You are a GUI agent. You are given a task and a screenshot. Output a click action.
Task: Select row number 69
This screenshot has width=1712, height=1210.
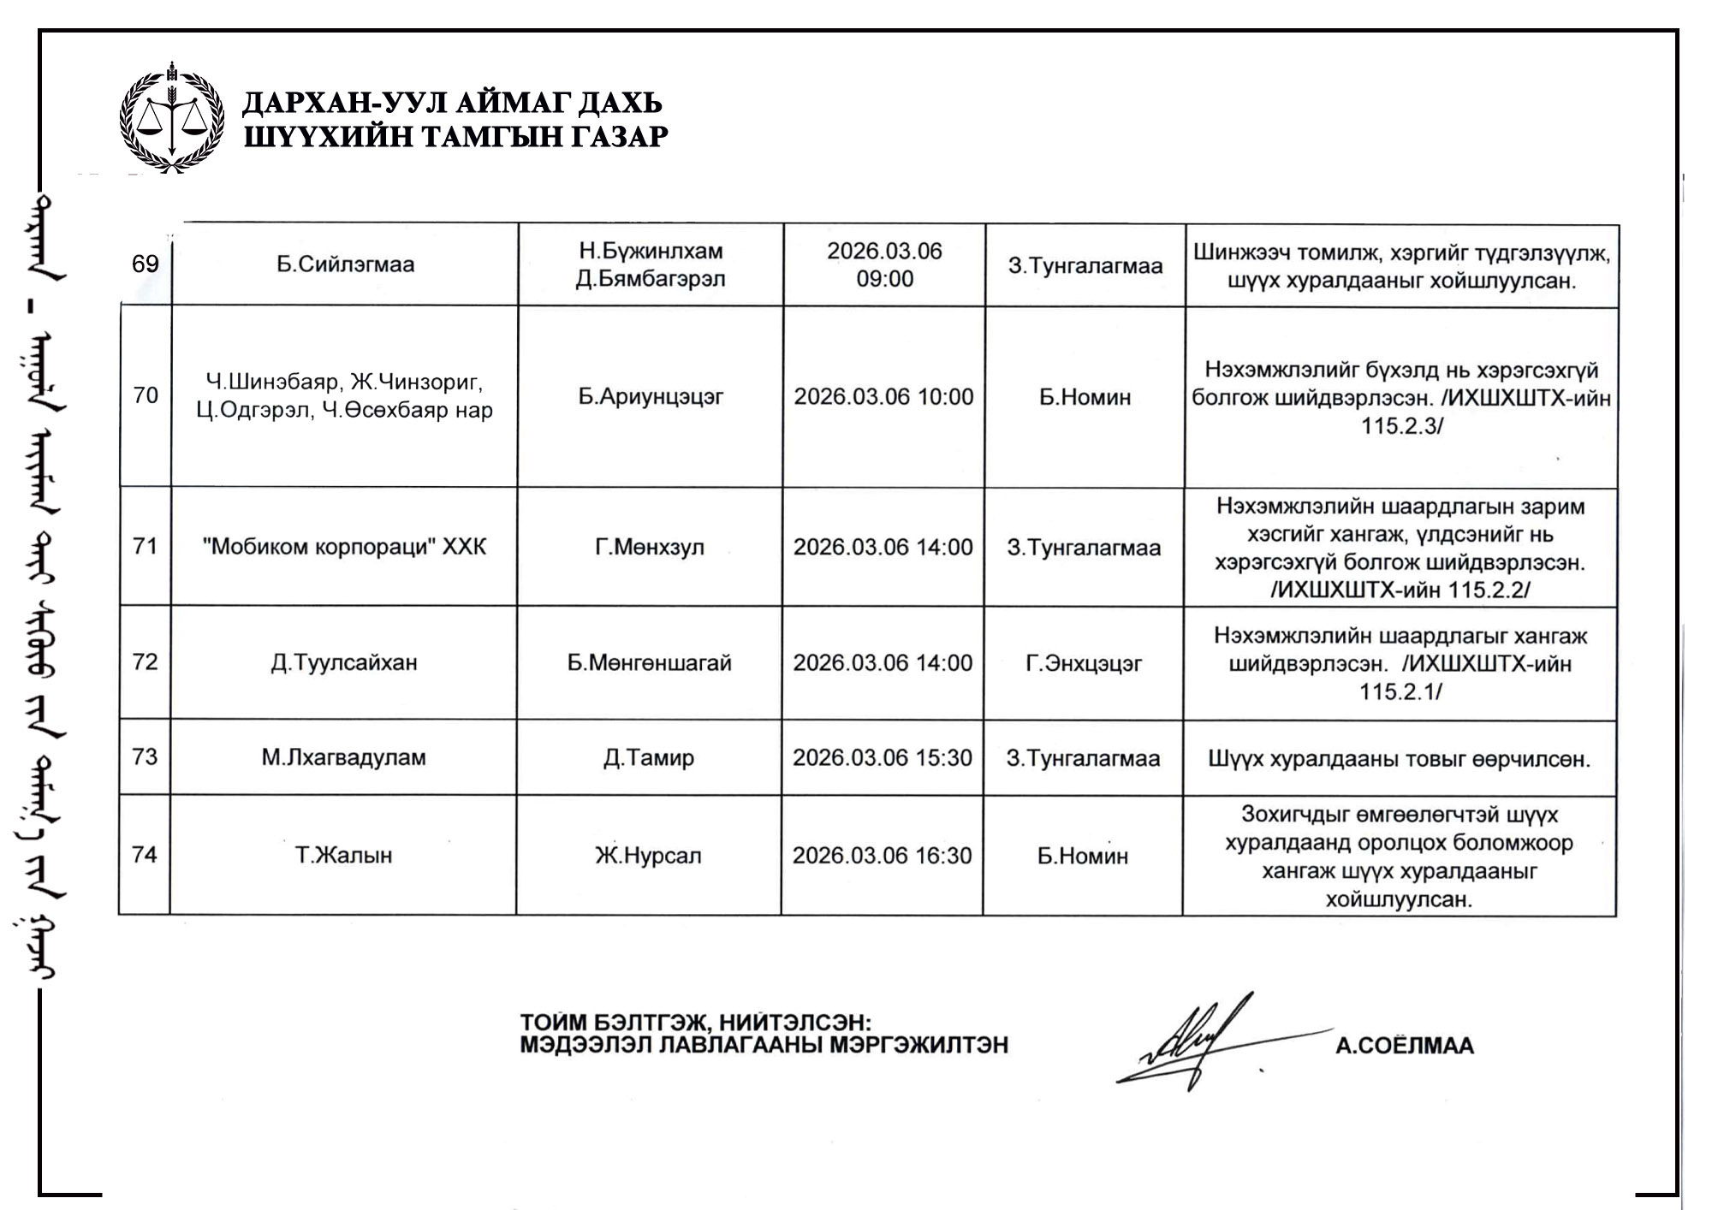coord(146,264)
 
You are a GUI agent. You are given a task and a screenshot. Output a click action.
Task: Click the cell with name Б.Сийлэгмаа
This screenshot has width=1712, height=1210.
coord(345,264)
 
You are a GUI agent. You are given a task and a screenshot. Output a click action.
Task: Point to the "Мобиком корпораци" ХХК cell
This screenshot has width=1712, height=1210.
coord(344,547)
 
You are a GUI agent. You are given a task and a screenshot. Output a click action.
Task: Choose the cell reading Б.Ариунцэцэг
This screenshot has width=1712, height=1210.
coord(651,397)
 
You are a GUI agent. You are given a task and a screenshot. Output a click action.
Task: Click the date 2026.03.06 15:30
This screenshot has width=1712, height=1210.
coord(883,758)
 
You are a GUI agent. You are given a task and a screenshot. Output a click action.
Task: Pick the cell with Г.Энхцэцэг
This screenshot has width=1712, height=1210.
coord(1084,663)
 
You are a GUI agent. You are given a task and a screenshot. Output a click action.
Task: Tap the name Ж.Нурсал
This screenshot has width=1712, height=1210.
coord(648,856)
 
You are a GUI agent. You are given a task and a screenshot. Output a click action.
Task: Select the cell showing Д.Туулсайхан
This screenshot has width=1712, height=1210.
coord(344,663)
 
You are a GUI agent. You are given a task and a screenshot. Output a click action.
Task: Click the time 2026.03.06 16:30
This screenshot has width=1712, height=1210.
coord(883,856)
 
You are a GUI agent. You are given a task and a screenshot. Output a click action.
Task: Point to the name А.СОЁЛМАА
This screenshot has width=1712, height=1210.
coord(1405,1046)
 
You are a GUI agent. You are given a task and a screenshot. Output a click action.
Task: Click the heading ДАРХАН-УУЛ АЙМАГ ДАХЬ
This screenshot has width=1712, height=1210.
coord(453,103)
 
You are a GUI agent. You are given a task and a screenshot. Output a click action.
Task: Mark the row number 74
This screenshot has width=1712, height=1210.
coord(145,855)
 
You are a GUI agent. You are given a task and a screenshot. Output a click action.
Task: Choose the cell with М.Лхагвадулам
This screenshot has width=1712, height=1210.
coord(343,758)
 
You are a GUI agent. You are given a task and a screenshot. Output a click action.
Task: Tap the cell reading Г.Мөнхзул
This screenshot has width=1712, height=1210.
coord(650,548)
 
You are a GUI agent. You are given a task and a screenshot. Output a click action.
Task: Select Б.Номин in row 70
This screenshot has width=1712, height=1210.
coord(1085,397)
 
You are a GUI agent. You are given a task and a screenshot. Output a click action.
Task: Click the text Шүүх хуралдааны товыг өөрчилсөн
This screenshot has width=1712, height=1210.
coord(1399,759)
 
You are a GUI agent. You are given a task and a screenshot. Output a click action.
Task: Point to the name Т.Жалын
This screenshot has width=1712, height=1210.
coord(343,856)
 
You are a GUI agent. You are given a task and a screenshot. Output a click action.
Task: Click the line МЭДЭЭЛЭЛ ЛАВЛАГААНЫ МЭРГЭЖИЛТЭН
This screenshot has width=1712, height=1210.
coord(764,1045)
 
